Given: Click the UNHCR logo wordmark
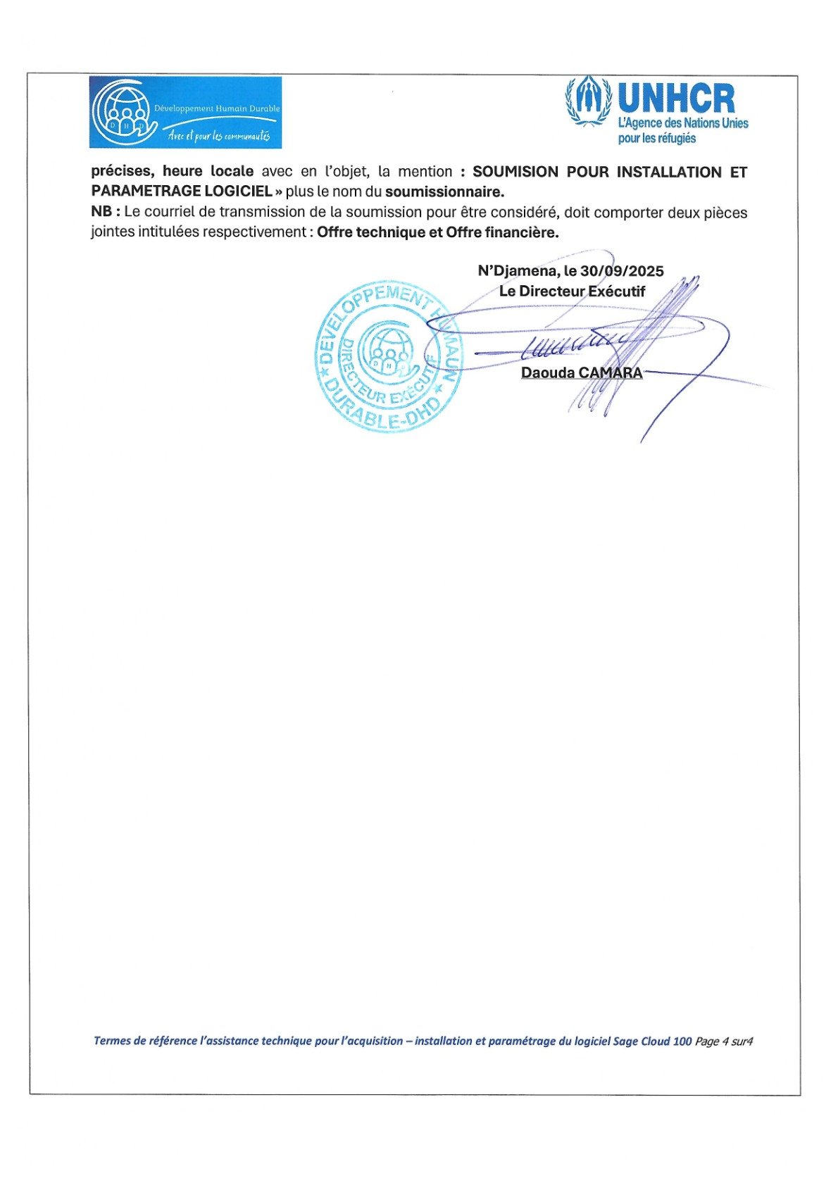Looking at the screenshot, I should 676,98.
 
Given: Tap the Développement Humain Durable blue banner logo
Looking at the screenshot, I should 185,113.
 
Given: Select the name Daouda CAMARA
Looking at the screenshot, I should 582,372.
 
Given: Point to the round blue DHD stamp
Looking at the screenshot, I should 388,356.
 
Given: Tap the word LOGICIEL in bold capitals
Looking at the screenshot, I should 238,191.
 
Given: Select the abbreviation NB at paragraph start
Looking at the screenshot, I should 101,212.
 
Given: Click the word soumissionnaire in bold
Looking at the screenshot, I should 444,191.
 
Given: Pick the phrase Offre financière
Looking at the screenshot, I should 502,232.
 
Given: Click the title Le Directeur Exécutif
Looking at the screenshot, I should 572,291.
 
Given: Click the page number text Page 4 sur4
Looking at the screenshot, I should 724,1041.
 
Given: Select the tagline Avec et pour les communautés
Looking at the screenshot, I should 218,135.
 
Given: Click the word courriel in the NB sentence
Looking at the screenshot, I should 180,212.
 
